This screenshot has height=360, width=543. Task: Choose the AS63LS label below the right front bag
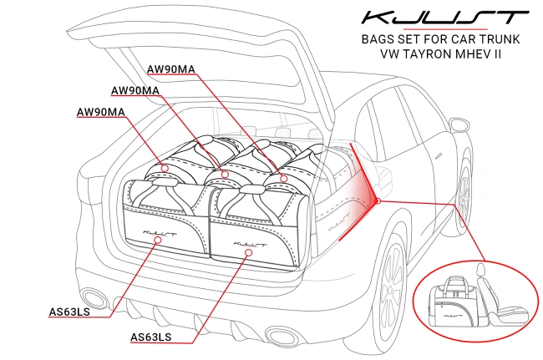[x=151, y=337]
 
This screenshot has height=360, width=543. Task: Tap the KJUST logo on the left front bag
[x=159, y=226]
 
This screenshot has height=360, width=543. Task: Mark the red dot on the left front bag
[x=160, y=241]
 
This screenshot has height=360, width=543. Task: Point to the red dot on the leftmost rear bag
[x=165, y=168]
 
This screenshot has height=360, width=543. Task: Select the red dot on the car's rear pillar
[x=378, y=200]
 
